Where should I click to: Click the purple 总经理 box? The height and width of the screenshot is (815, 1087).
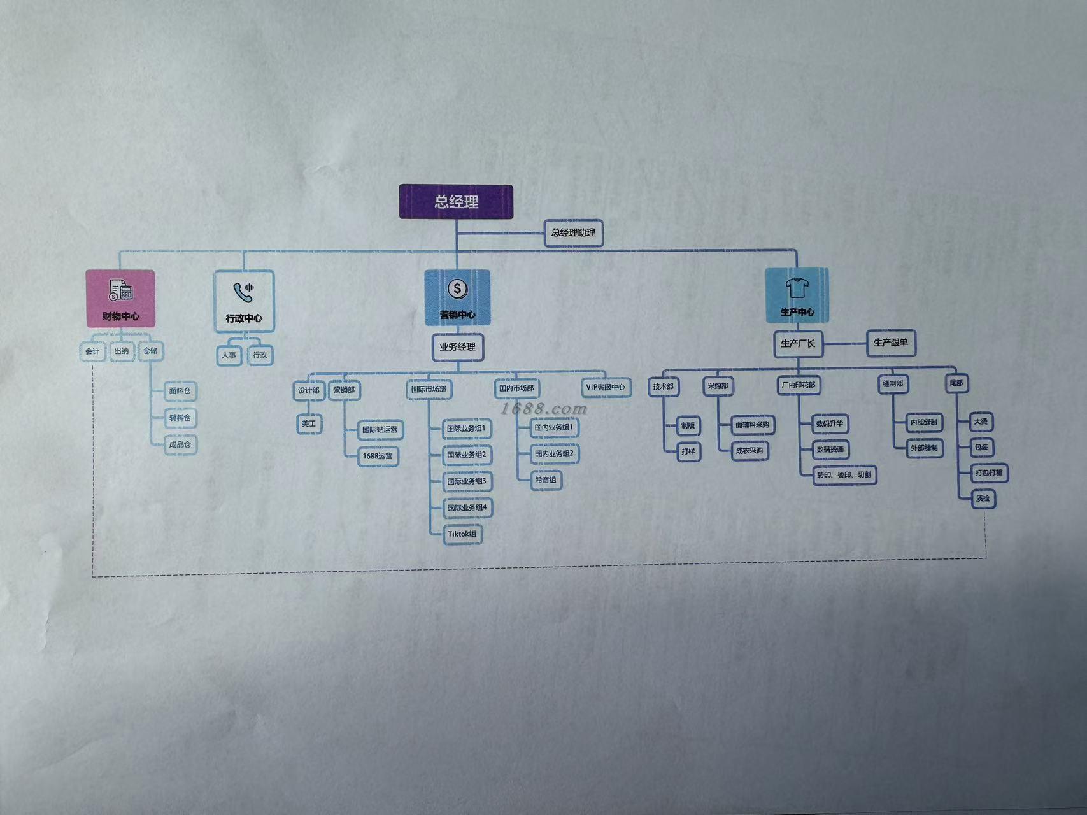tap(456, 202)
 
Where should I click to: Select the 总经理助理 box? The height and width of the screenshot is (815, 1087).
tap(573, 232)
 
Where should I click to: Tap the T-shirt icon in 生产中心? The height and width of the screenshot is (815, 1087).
tap(797, 288)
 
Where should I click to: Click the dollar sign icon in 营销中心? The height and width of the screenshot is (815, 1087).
tap(457, 289)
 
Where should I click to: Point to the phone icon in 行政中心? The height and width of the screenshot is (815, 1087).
tap(243, 292)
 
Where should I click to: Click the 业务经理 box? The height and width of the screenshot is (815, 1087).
tap(457, 347)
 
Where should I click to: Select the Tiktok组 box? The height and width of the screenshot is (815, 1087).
tap(462, 534)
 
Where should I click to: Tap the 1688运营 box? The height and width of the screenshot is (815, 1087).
tap(378, 456)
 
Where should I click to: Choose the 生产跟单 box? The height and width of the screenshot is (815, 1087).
tap(890, 343)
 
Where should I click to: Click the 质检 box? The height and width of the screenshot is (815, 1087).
tap(983, 499)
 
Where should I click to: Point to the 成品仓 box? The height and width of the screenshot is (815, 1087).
tap(180, 444)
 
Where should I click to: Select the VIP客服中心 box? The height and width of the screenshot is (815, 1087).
tap(606, 387)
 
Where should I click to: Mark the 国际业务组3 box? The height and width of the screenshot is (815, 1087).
tap(466, 481)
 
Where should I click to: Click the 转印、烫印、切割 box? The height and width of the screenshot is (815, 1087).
tap(844, 475)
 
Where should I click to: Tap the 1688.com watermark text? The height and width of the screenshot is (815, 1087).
tap(543, 408)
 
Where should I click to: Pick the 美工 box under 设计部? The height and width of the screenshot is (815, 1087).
tap(309, 424)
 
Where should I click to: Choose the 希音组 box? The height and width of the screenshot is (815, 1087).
tap(546, 480)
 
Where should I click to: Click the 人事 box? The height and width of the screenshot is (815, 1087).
tap(229, 355)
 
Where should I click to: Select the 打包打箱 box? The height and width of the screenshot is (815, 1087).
tap(988, 473)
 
